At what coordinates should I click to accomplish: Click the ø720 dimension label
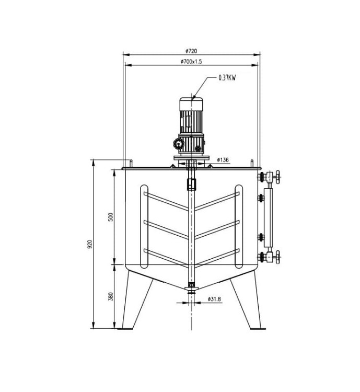[191, 51]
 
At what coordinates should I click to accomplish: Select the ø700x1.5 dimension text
[191, 61]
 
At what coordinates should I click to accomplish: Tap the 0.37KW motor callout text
[227, 78]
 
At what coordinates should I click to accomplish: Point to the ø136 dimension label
[223, 160]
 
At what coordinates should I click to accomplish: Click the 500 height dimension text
[111, 217]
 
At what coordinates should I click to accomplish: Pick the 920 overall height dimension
[90, 244]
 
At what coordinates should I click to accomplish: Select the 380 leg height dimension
[111, 296]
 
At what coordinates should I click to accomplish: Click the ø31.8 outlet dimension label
[214, 299]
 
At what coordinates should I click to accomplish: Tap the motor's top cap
[191, 104]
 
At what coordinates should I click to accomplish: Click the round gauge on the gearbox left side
[179, 144]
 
